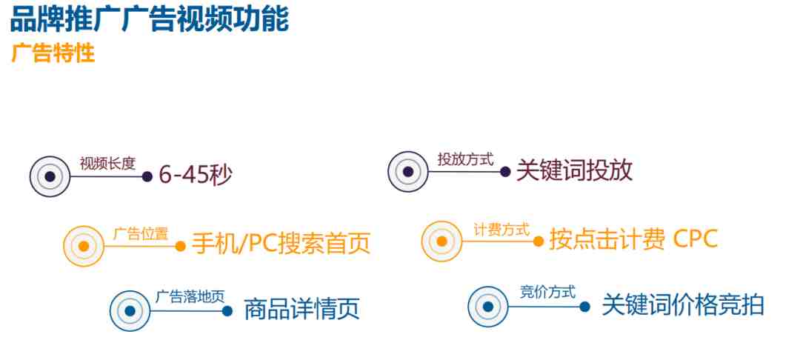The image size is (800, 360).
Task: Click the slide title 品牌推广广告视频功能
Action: [x=150, y=19]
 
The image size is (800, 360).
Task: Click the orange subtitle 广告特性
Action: [x=53, y=53]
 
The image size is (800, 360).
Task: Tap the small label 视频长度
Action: [x=107, y=163]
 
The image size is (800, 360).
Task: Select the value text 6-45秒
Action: [x=196, y=176]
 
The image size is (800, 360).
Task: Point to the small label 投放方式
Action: [x=466, y=159]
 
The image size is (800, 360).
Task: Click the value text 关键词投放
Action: [x=575, y=170]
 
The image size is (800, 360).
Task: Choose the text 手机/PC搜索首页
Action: [x=281, y=244]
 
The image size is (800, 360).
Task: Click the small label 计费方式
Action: [x=501, y=230]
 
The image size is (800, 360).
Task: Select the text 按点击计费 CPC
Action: [x=633, y=239]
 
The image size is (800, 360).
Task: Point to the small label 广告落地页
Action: [x=190, y=297]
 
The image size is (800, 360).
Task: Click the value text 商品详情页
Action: [x=302, y=309]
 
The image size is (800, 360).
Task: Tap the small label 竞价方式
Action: [x=547, y=293]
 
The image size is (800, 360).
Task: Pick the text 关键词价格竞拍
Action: [x=683, y=305]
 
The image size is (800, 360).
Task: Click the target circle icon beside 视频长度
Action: [x=50, y=176]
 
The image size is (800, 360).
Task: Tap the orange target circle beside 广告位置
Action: [x=84, y=246]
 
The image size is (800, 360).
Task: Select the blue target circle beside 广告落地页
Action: [x=130, y=311]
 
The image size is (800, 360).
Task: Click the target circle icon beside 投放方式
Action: [x=407, y=172]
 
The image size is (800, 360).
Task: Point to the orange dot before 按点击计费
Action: [x=539, y=241]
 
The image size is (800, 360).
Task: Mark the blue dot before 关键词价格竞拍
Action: [x=585, y=307]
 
